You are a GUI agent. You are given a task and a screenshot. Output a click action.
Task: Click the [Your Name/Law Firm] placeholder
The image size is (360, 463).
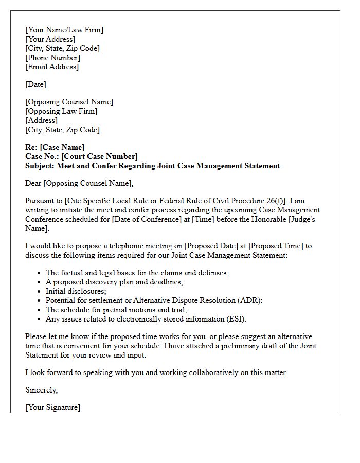click(64, 30)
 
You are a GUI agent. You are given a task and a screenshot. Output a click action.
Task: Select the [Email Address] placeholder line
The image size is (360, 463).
click(52, 67)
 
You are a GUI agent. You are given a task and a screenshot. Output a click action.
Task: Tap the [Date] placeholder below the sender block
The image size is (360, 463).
click(35, 84)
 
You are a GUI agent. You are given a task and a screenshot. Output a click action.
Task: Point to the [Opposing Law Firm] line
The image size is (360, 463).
click(61, 111)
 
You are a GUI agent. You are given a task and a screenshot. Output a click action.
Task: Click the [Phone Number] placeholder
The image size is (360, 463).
click(52, 58)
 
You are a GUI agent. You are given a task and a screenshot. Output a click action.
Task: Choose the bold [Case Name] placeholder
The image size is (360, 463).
click(62, 147)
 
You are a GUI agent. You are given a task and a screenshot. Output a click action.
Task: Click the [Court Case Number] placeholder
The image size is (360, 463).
click(100, 156)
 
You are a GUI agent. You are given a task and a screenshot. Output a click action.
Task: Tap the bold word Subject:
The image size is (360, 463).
click(40, 166)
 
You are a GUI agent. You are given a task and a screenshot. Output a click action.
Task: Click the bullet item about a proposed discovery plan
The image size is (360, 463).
click(114, 282)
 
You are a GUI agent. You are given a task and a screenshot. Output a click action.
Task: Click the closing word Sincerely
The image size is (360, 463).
click(41, 390)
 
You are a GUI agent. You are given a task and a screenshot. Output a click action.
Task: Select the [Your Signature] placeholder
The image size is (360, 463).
click(52, 407)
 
